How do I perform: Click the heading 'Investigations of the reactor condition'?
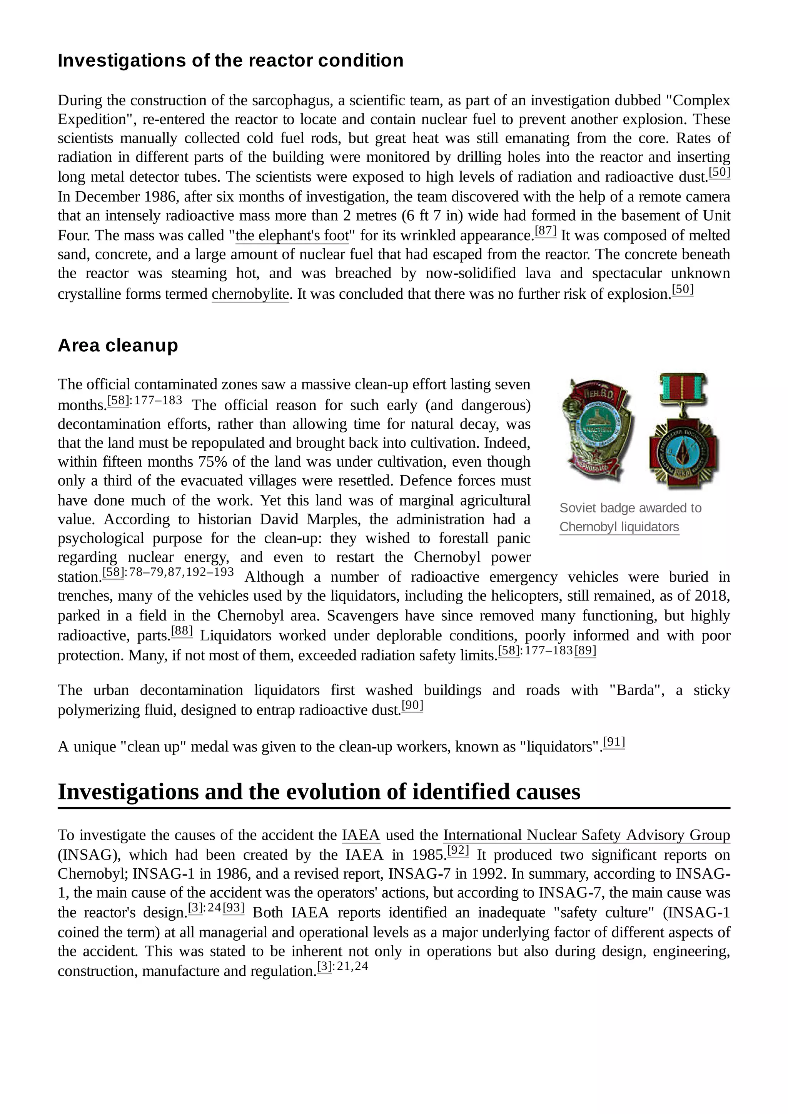(230, 61)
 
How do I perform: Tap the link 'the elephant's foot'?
(292, 236)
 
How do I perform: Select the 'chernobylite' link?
(250, 294)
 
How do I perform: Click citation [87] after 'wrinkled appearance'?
(545, 231)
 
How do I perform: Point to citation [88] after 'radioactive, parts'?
(182, 631)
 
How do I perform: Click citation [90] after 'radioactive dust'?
(412, 705)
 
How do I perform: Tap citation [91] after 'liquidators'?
(614, 742)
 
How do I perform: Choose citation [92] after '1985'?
(458, 850)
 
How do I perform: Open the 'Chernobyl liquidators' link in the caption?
(619, 527)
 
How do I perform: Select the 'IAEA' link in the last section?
(361, 835)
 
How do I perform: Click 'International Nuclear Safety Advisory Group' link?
(586, 835)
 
